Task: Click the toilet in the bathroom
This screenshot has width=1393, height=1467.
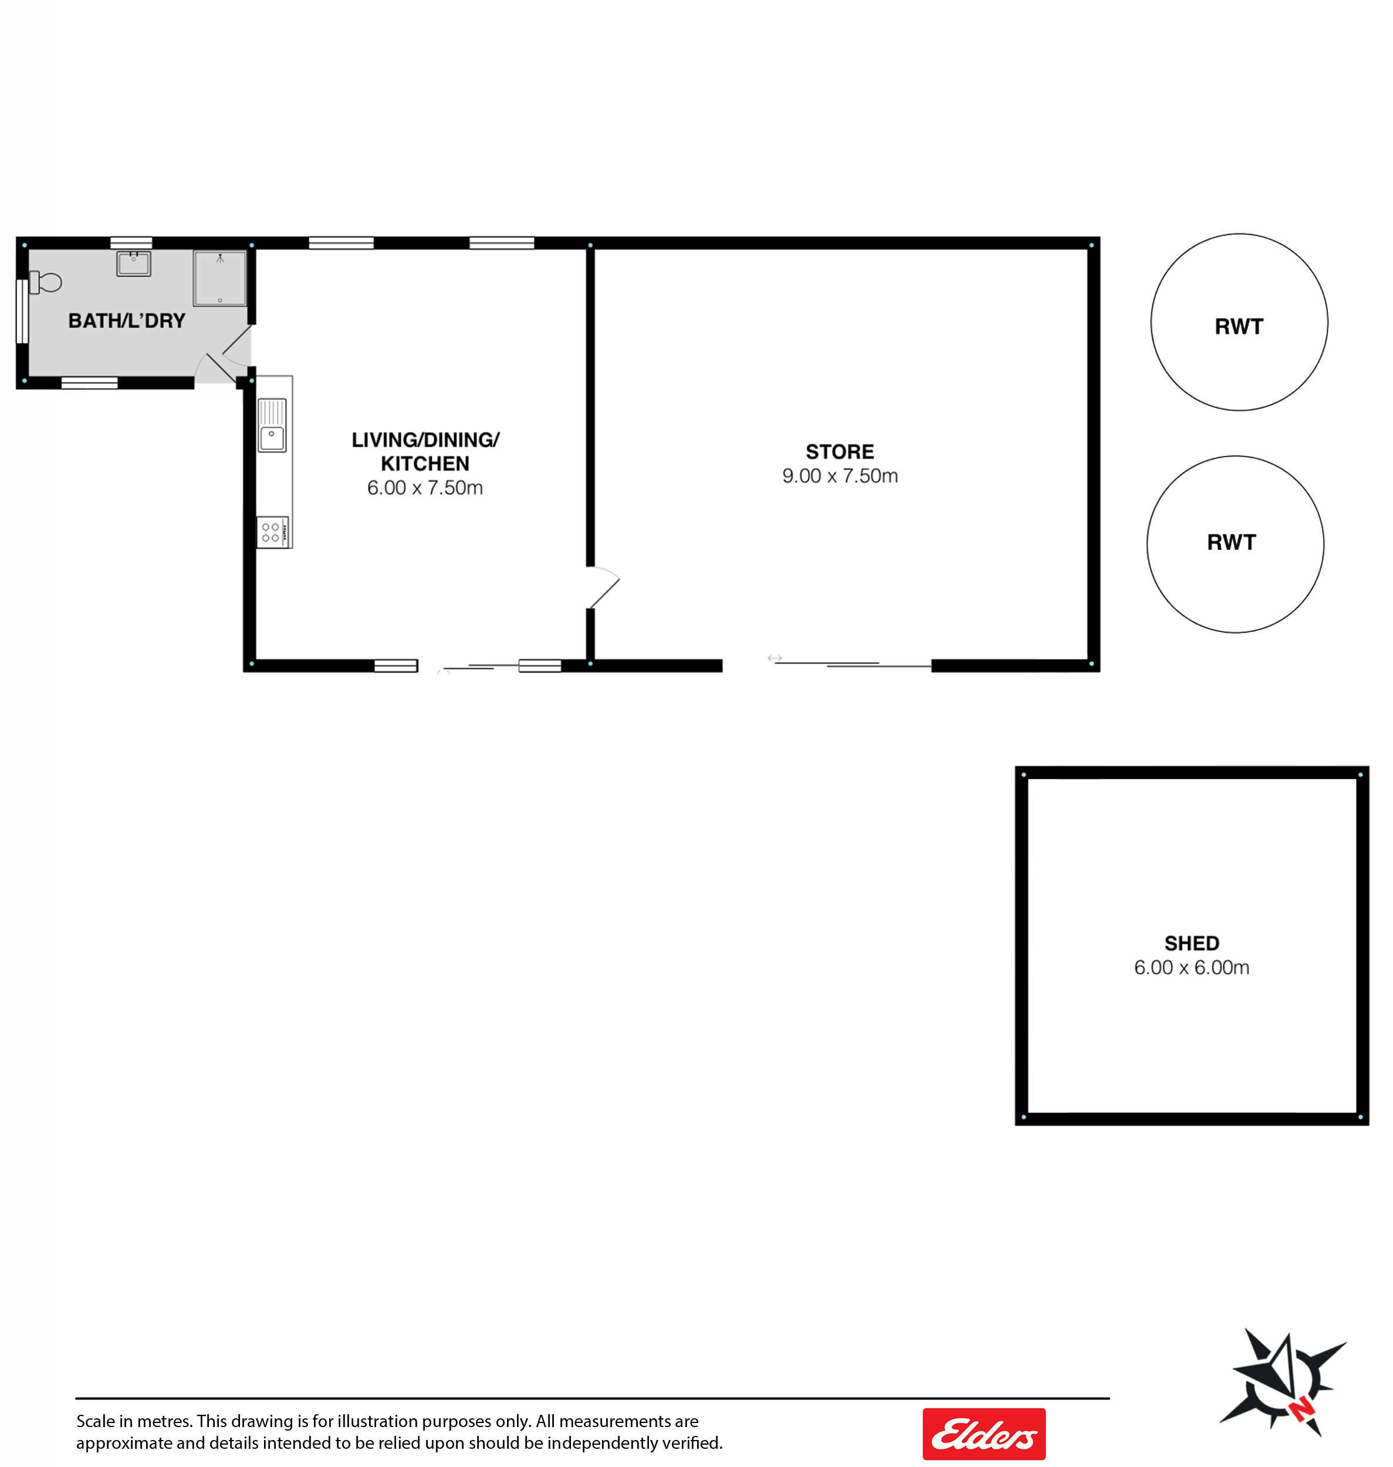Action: pos(45,282)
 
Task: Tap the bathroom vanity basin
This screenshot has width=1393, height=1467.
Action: pos(134,263)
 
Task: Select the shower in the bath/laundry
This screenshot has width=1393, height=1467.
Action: pos(220,278)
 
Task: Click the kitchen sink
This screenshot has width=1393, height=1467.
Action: pos(272,425)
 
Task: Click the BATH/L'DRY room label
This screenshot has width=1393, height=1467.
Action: pos(127,321)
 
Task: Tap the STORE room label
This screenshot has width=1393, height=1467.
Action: pos(840,451)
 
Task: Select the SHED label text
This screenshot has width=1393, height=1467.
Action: pos(1192,943)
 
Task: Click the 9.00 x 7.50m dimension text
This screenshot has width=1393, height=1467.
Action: pos(840,476)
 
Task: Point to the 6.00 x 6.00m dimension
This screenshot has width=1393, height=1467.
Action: pos(1192,968)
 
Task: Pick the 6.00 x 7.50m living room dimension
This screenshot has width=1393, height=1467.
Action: pos(425,488)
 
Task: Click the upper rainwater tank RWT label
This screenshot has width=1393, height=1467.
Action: pos(1239,327)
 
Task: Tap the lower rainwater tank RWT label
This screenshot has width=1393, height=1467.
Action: pos(1231,543)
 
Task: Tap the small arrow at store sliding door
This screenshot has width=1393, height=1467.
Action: pos(775,658)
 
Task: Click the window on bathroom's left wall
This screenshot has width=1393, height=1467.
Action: pos(22,312)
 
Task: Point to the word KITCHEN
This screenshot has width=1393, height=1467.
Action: pos(425,464)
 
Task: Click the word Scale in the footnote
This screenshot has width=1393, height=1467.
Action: pos(96,1421)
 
